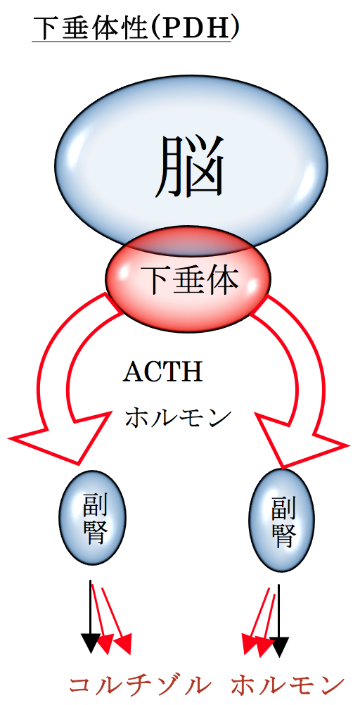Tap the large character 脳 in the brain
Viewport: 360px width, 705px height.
point(189,166)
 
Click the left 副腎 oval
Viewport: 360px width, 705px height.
point(93,516)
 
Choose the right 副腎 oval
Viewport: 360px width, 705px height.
point(282,519)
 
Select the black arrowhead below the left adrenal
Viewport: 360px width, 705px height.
point(90,643)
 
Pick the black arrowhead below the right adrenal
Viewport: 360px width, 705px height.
point(279,647)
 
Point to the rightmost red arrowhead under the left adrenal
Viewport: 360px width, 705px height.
point(123,644)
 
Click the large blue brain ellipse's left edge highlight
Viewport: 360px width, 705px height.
point(77,135)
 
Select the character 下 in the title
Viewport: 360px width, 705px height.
point(44,28)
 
